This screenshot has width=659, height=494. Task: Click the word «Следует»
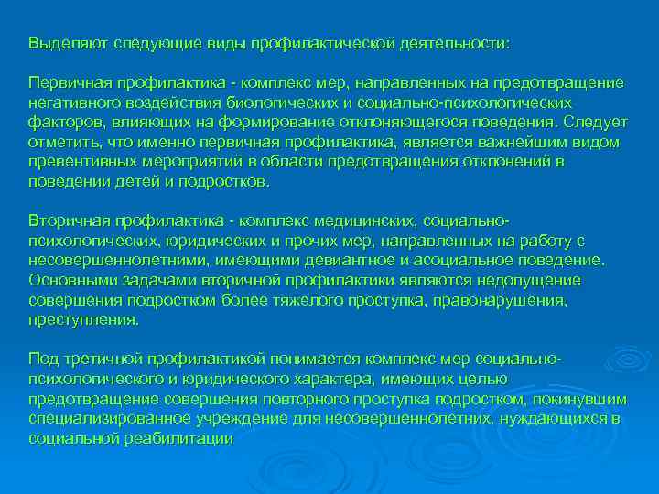point(594,123)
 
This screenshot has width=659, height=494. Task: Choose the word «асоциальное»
point(468,261)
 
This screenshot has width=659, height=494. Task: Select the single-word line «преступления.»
point(84,320)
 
